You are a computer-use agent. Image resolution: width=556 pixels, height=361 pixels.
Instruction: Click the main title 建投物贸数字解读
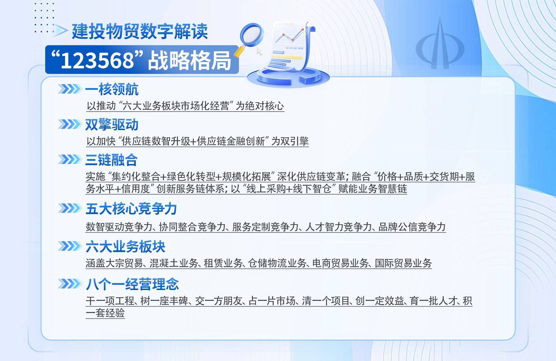[x=140, y=31]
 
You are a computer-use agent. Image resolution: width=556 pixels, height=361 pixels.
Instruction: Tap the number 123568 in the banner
[x=97, y=61]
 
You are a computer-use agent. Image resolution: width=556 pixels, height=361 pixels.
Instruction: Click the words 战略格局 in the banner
[x=190, y=61]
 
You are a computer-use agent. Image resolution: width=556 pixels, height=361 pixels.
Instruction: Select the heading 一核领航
[x=112, y=89]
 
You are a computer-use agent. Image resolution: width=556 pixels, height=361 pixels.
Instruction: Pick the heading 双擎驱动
[x=112, y=125]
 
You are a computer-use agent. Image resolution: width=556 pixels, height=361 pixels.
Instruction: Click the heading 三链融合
[x=111, y=160]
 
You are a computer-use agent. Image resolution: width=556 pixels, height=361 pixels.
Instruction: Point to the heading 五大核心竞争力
[x=131, y=209]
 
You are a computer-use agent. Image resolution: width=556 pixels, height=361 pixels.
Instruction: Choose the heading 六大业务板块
[x=125, y=247]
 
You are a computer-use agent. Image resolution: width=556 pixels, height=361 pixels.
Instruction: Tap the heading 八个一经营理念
[x=132, y=284]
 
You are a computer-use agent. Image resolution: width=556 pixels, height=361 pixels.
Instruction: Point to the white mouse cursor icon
[x=260, y=51]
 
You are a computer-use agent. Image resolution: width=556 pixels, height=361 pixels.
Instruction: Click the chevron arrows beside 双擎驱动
[x=70, y=124]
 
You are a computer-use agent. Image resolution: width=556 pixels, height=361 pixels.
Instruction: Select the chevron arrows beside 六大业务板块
[x=70, y=246]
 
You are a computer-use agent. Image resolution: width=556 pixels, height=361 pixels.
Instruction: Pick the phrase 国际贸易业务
[x=403, y=263]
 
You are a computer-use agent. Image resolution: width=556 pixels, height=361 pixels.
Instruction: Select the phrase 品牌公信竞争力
[x=412, y=227]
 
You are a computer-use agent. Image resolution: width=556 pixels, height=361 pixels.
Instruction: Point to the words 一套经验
[x=105, y=313]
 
